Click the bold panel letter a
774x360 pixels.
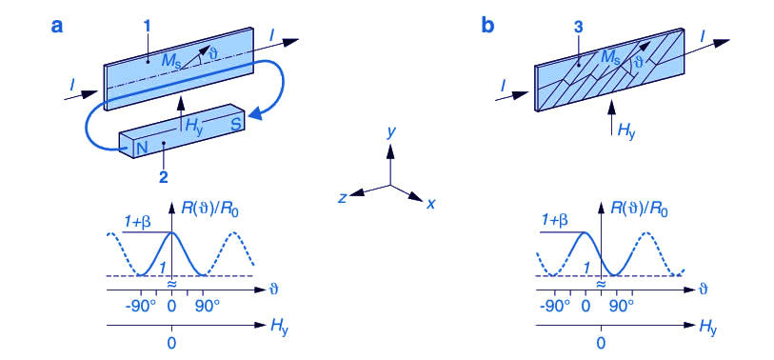pos(57,26)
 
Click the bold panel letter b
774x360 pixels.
pos(487,25)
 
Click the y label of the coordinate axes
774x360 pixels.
pos(390,133)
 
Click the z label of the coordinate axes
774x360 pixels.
pos(341,197)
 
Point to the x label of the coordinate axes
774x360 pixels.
pos(430,203)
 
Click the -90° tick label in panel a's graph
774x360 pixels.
pos(143,308)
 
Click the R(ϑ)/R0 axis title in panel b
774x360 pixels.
pos(639,210)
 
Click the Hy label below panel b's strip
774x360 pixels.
pos(625,130)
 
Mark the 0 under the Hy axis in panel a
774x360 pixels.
pos(171,343)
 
